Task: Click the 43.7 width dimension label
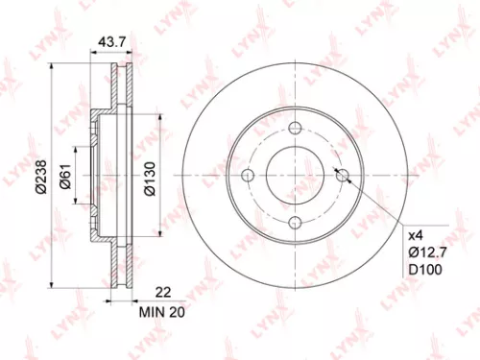pyautogui.click(x=113, y=43)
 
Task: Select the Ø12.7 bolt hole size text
pyautogui.click(x=428, y=252)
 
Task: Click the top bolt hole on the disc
pyautogui.click(x=294, y=130)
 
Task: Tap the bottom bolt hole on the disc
pyautogui.click(x=294, y=222)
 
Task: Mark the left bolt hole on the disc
pyautogui.click(x=248, y=176)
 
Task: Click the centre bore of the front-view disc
pyautogui.click(x=294, y=176)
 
